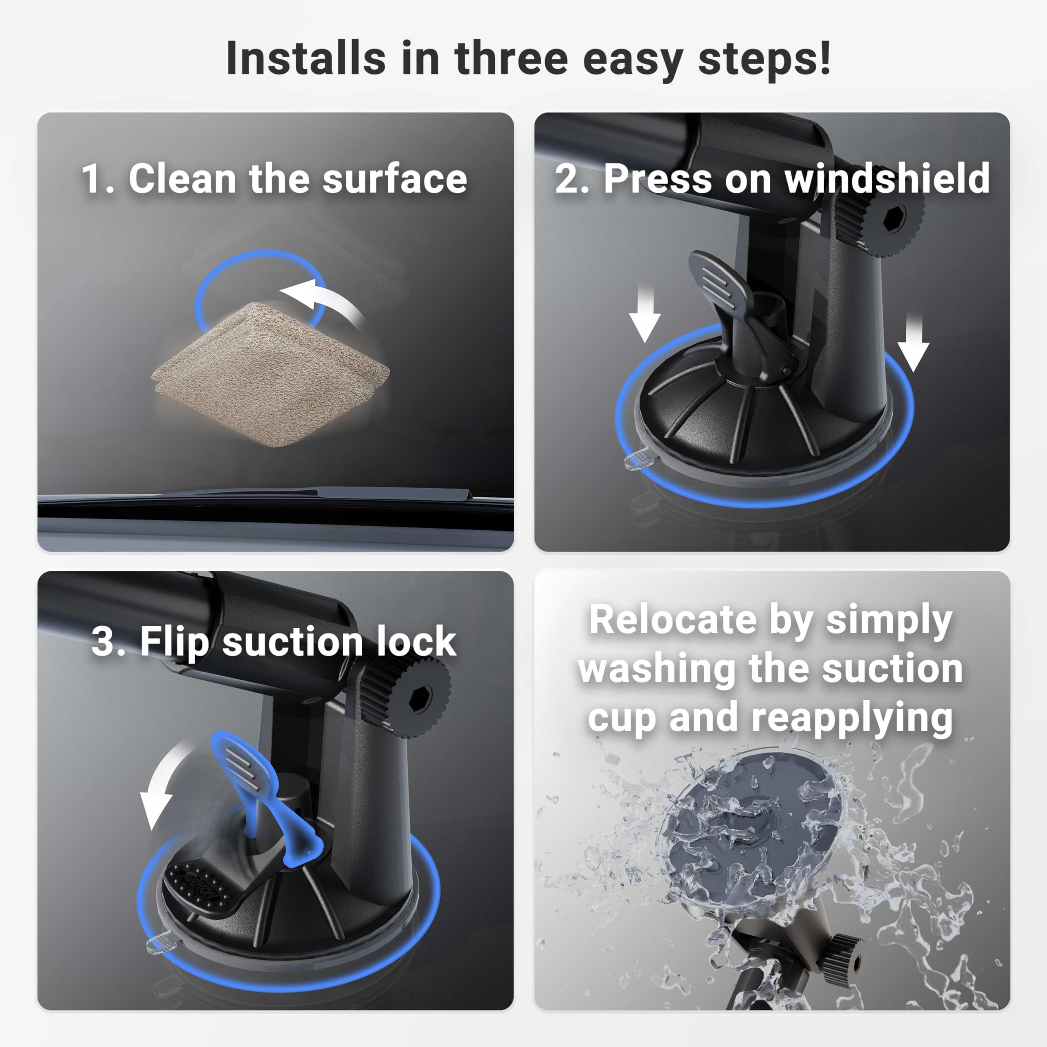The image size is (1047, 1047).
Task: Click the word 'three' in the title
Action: tap(510, 58)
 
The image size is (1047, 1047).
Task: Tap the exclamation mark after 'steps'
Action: tap(824, 58)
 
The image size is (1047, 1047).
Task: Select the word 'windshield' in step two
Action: tap(887, 179)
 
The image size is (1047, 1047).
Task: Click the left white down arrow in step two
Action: tap(644, 317)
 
